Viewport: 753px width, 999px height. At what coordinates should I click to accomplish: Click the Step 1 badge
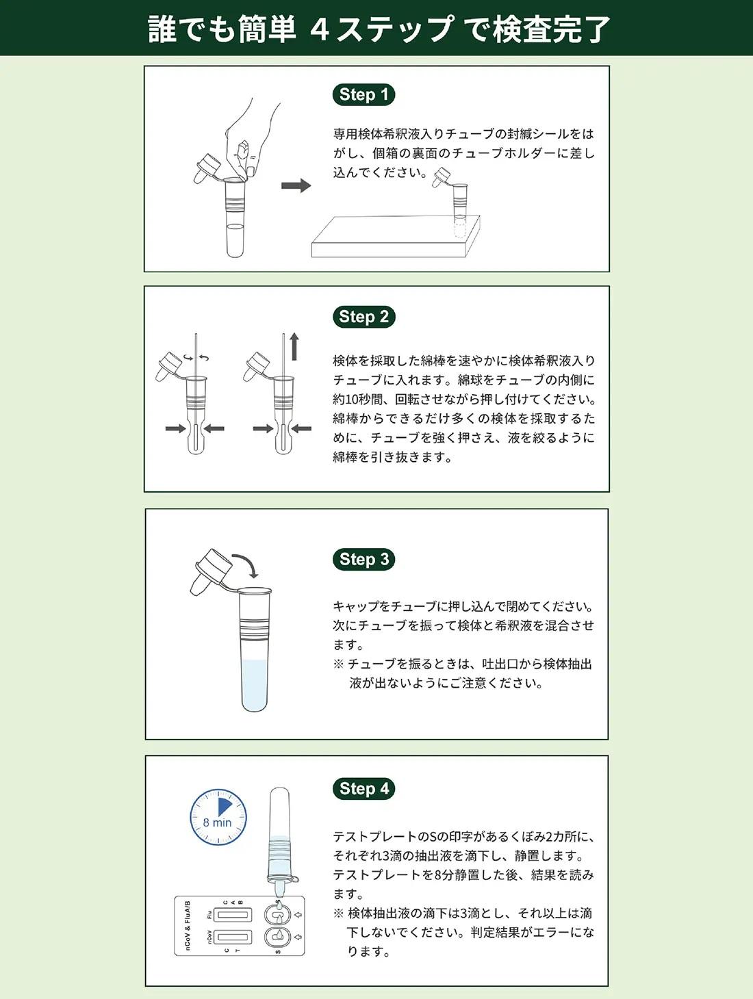click(x=363, y=94)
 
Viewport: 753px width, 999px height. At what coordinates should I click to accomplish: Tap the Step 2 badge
click(x=363, y=317)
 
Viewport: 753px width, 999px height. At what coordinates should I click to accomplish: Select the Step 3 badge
click(x=363, y=559)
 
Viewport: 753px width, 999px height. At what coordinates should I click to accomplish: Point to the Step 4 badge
click(x=363, y=788)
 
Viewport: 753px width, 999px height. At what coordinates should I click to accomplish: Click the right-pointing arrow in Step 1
click(x=296, y=185)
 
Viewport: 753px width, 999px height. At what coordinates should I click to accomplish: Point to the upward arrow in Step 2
click(x=294, y=346)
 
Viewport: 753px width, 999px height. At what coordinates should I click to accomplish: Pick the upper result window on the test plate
click(x=231, y=914)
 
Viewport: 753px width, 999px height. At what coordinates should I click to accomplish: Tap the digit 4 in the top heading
click(x=320, y=29)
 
